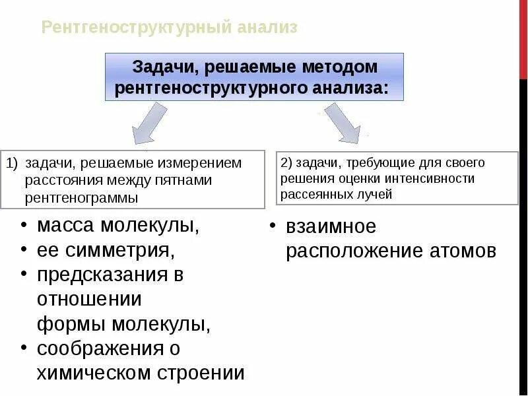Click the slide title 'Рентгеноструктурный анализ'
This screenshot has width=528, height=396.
[169, 27]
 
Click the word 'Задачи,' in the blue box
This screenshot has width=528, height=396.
[164, 67]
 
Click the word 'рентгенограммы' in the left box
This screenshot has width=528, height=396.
[82, 197]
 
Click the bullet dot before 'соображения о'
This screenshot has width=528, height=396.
[24, 347]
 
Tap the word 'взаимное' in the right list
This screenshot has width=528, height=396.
[331, 226]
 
